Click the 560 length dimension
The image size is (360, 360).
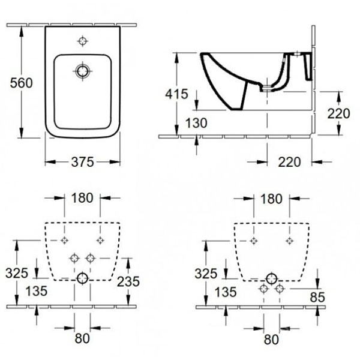pyautogui.click(x=22, y=83)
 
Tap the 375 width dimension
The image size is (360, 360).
pyautogui.click(x=83, y=162)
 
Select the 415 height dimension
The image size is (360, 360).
pyautogui.click(x=177, y=94)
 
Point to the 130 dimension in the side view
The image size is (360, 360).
pyautogui.click(x=196, y=123)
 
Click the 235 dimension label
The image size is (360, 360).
pyautogui.click(x=128, y=281)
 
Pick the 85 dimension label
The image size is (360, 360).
pyautogui.click(x=317, y=298)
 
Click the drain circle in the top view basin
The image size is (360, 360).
pyautogui.click(x=82, y=71)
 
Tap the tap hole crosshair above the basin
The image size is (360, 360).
pyautogui.click(x=83, y=41)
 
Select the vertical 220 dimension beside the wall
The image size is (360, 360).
pyautogui.click(x=338, y=113)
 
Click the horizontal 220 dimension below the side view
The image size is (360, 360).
pyautogui.click(x=290, y=162)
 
